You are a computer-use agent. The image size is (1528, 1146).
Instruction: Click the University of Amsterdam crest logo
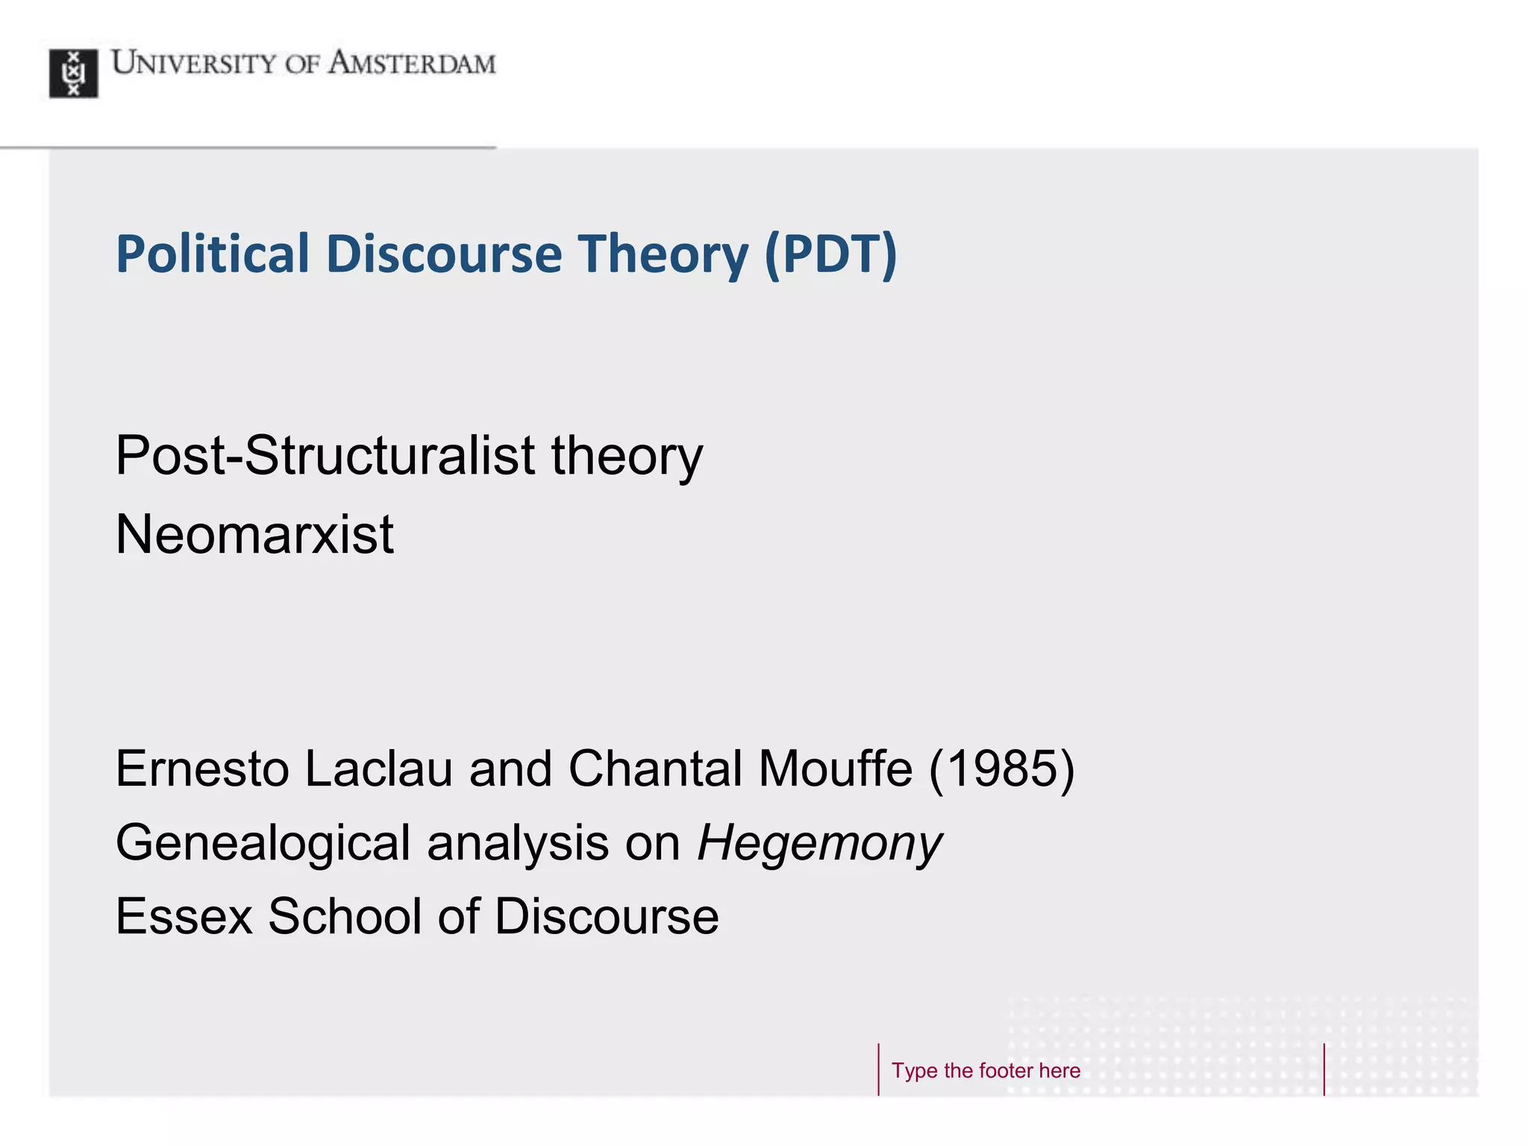tap(73, 73)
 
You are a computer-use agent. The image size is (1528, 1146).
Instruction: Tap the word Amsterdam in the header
tap(411, 63)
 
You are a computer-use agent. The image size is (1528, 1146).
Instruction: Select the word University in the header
tap(194, 63)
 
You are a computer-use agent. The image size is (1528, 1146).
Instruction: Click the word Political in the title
tap(212, 254)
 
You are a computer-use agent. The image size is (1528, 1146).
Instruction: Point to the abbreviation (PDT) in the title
tap(830, 254)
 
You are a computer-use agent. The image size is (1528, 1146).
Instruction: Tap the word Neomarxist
tap(254, 534)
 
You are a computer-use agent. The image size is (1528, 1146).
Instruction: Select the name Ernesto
tap(201, 768)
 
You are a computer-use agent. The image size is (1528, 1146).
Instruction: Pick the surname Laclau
tap(378, 768)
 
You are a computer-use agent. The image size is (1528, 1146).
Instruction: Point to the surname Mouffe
tap(835, 768)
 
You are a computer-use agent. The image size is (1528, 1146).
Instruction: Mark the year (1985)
tap(1001, 768)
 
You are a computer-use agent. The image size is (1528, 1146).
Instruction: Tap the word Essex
tap(184, 916)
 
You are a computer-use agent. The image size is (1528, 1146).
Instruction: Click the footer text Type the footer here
tap(986, 1071)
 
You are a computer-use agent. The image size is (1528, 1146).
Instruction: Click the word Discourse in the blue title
tap(444, 254)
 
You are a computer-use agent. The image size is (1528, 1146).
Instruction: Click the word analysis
tap(518, 843)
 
